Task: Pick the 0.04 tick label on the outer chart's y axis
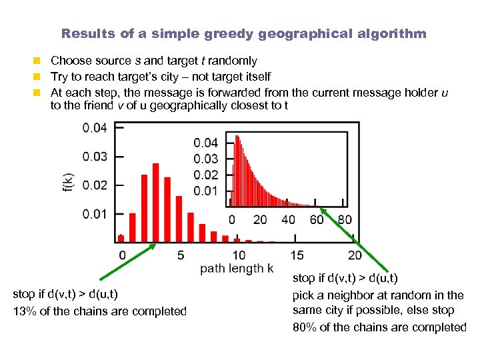point(95,128)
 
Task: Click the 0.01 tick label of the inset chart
point(206,191)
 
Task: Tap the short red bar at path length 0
point(121,237)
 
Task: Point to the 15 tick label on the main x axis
point(297,255)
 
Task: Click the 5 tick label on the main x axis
point(181,255)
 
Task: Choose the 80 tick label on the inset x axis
point(345,219)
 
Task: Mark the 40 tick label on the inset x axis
point(288,219)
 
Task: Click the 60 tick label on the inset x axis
point(317,219)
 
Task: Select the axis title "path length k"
point(237,269)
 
